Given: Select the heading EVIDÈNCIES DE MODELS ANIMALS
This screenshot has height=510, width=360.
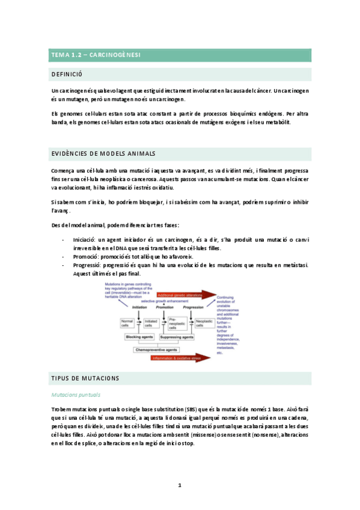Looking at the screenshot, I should click(103, 154).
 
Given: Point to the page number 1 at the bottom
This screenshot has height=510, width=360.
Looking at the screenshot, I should click(180, 484).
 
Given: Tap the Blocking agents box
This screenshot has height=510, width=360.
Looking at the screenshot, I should click(140, 337).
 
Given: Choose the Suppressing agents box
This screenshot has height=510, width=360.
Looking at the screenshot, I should click(178, 337).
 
